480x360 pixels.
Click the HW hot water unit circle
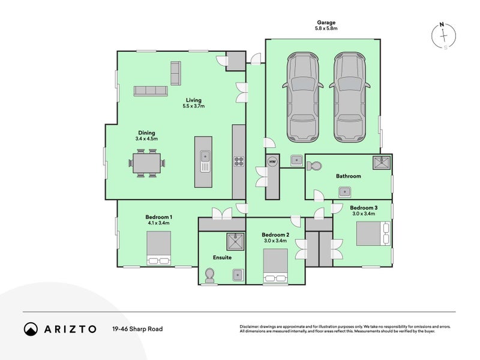(272, 162)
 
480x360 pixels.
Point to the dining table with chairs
(147, 163)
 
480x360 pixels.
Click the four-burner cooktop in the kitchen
(239, 161)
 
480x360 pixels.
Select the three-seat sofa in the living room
(150, 91)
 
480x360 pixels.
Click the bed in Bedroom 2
(275, 265)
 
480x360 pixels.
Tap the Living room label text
(193, 100)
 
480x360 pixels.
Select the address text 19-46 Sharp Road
(137, 329)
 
